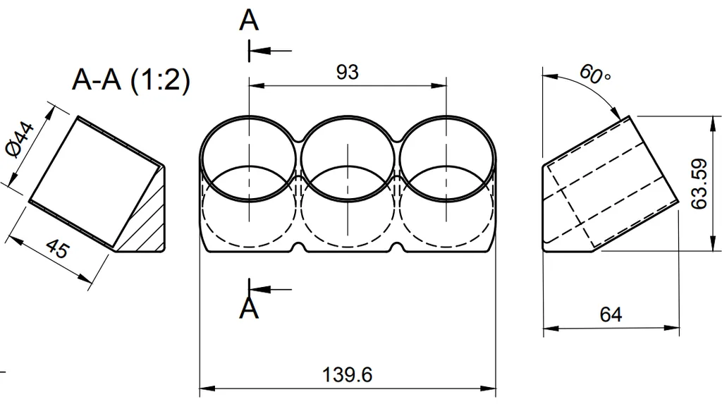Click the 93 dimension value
coord(348,72)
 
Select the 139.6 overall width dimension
coord(348,374)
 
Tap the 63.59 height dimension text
coord(699,184)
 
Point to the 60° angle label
coord(594,74)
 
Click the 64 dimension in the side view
coord(611,314)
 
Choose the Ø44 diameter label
coord(19,141)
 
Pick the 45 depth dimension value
coord(58,250)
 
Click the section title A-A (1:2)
coord(131,81)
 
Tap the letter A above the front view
coord(249,20)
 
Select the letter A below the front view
coord(249,308)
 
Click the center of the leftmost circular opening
coord(249,159)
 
